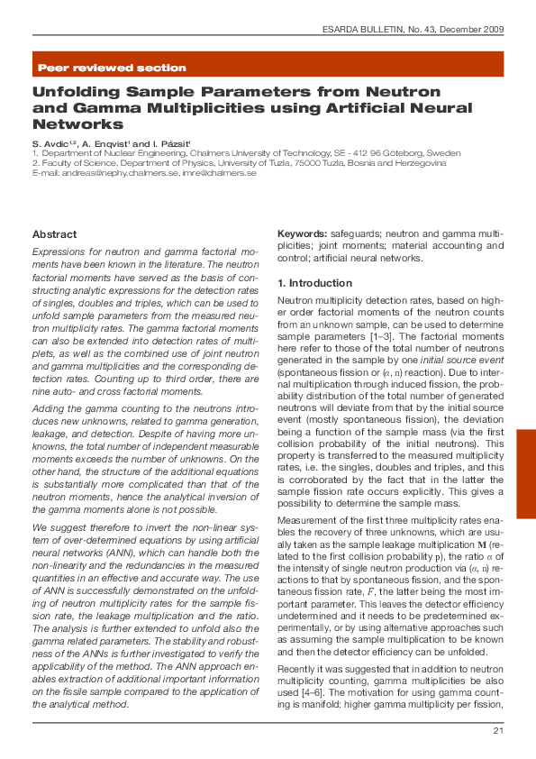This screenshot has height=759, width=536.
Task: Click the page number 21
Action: (497, 730)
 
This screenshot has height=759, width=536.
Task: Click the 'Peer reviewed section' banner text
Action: (112, 68)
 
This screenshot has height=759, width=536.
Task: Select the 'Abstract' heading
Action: (55, 234)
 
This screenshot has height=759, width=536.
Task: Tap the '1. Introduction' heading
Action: (314, 283)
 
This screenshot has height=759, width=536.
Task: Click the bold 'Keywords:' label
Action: (302, 233)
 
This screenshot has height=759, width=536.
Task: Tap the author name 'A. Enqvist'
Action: (113, 144)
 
